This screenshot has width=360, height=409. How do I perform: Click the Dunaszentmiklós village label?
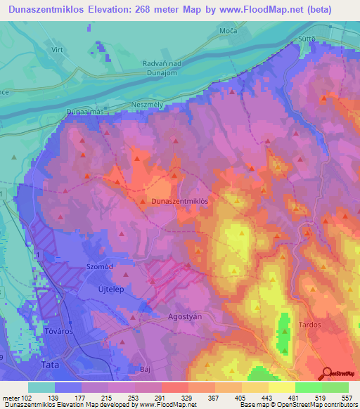point(180,201)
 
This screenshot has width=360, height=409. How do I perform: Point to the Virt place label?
point(58,51)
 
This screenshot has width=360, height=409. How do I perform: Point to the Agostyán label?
point(185,316)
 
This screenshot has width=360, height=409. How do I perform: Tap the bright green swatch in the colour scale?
point(308,387)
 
